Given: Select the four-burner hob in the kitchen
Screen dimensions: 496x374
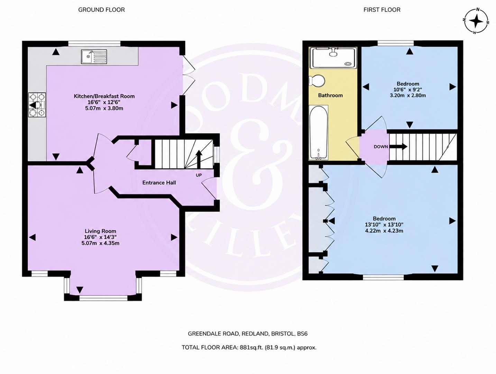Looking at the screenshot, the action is (x=37, y=105).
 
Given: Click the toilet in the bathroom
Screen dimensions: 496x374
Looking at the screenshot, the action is (x=317, y=81).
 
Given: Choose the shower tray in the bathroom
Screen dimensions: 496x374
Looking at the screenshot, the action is (x=333, y=58).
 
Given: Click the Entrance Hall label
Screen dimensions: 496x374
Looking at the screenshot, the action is (x=159, y=182).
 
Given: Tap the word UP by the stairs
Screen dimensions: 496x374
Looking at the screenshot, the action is (x=199, y=175).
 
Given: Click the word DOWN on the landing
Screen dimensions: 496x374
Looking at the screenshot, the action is (x=381, y=146).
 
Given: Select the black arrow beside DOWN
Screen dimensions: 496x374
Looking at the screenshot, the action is (x=399, y=146).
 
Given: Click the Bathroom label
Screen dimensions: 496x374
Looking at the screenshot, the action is (x=330, y=95).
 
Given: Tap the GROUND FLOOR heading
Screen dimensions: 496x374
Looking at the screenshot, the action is (x=101, y=10).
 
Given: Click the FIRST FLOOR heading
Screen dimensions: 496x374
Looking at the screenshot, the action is (x=382, y=10).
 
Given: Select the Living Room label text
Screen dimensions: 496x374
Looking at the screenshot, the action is (x=101, y=231).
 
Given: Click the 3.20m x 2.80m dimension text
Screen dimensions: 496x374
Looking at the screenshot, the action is (x=408, y=95).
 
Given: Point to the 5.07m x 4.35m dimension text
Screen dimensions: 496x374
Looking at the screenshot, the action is (x=101, y=243).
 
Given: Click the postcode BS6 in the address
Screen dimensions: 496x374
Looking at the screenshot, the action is (x=302, y=334).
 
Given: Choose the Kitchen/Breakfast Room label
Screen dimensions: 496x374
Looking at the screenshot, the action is (x=104, y=96).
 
